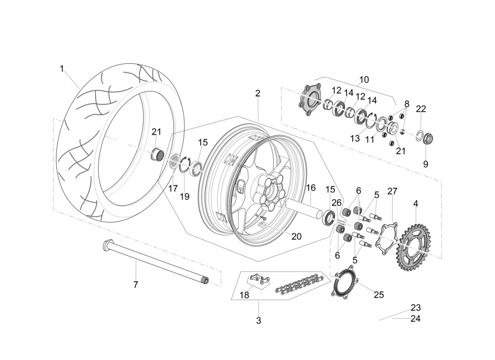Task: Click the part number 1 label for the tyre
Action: coord(62,69)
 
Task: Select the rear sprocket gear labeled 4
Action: coord(412,246)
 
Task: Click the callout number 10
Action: coord(364,80)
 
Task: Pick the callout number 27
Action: coord(392,191)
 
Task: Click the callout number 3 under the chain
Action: coord(258,321)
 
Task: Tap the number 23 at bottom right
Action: coord(415,308)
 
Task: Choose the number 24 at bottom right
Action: coord(415,319)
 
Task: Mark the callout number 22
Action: coord(421,109)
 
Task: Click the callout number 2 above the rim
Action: coord(257,94)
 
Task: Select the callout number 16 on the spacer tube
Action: coord(311,188)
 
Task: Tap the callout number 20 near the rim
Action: coord(296,236)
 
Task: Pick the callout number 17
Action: coord(173,189)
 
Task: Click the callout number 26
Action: coord(337,202)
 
